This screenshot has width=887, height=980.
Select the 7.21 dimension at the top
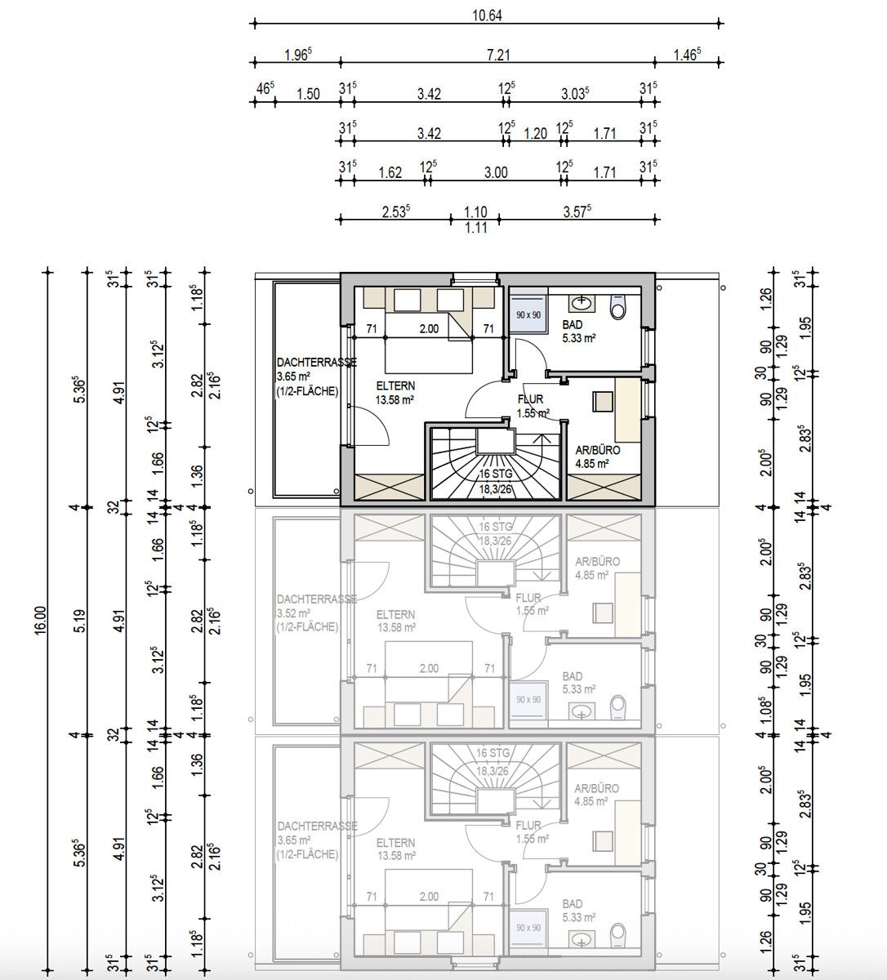(x=497, y=54)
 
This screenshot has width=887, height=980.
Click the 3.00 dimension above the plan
(x=495, y=172)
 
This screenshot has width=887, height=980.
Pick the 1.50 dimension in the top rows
(x=308, y=94)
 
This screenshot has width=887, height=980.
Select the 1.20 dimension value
(x=535, y=133)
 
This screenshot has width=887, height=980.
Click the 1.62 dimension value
(x=390, y=172)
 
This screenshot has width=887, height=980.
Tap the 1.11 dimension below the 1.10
(x=475, y=229)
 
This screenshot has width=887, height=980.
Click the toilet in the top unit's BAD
(x=618, y=308)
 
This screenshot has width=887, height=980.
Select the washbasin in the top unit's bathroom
(x=582, y=303)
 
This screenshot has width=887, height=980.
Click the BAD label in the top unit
(x=573, y=325)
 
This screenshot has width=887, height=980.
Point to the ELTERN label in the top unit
(x=395, y=385)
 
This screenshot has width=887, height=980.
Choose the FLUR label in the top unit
(x=530, y=400)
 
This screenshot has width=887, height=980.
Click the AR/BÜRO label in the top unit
(x=597, y=450)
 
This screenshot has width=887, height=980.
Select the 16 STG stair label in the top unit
(x=496, y=474)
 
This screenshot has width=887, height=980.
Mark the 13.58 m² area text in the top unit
(x=395, y=399)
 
